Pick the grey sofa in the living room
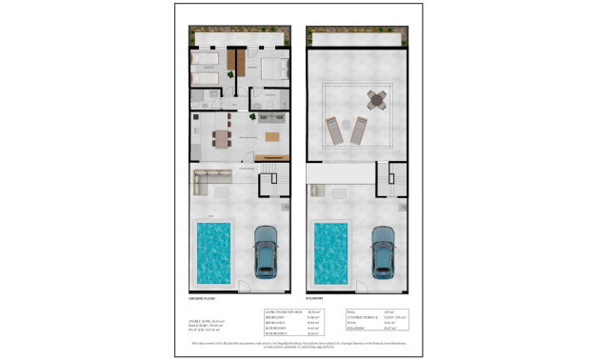click(x=271, y=119)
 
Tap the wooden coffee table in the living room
click(x=271, y=140)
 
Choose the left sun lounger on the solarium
click(x=335, y=130)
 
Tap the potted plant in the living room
click(x=253, y=117)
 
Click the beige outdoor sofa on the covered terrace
click(x=211, y=178)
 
